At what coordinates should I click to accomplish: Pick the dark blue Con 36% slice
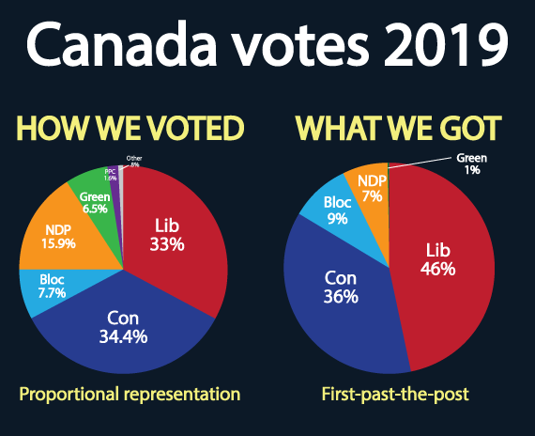tap(344, 291)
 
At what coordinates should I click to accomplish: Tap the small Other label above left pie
tap(135, 160)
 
